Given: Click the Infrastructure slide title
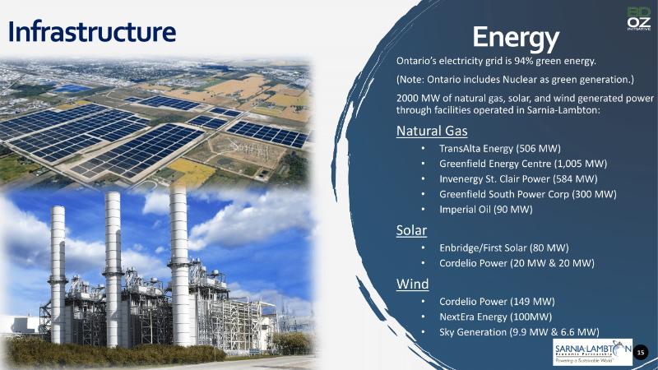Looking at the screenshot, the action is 92,32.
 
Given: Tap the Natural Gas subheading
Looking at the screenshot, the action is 432,131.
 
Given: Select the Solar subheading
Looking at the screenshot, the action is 412,230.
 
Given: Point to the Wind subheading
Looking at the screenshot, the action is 413,284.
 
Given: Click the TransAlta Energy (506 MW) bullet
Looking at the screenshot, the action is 500,149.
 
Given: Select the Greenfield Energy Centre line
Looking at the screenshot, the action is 523,164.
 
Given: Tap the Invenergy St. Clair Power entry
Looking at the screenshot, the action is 518,179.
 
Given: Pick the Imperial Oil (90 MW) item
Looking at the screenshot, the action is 486,210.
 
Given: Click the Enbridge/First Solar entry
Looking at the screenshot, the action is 504,248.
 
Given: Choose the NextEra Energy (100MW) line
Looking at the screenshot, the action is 496,317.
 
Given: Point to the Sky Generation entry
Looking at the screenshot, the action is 519,332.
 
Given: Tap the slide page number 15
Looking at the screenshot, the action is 641,353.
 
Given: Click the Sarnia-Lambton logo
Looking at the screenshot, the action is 592,352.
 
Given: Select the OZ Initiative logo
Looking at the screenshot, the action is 639,18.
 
